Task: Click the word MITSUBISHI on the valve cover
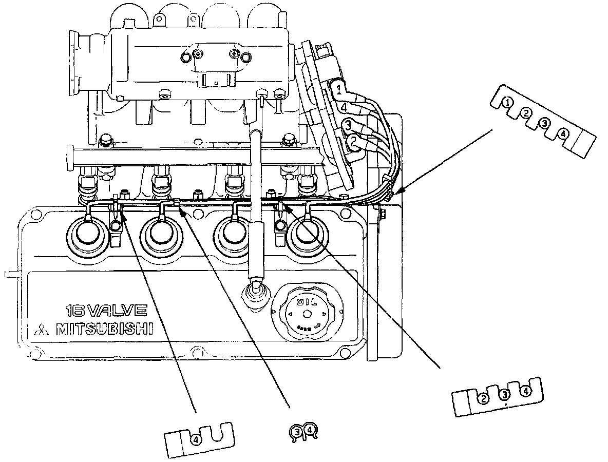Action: tap(105, 329)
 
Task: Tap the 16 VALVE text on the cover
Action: tap(106, 311)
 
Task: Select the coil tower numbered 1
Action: tap(338, 91)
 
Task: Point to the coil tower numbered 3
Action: tap(349, 125)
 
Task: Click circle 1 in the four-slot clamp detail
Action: tap(507, 102)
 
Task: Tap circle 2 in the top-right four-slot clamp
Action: tap(526, 113)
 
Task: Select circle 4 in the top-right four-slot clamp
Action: tap(563, 134)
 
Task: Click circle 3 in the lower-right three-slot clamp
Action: tap(505, 394)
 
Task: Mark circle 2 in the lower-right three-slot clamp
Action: tap(483, 397)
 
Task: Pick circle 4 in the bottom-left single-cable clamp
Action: tap(196, 439)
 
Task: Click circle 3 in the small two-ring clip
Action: tap(297, 432)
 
